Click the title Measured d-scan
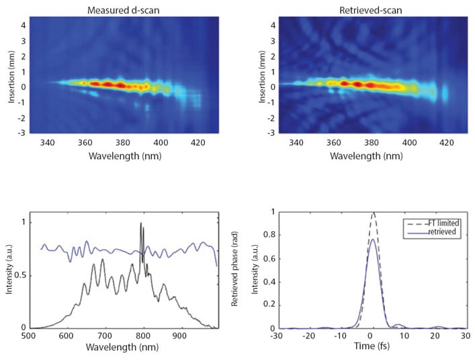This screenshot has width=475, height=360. [122, 9]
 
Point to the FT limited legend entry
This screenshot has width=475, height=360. [431, 222]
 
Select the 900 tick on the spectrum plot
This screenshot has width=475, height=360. [179, 339]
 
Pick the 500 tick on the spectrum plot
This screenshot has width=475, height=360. [29, 339]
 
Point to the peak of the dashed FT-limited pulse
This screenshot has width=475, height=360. [373, 213]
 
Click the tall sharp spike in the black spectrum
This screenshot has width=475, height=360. [141, 224]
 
